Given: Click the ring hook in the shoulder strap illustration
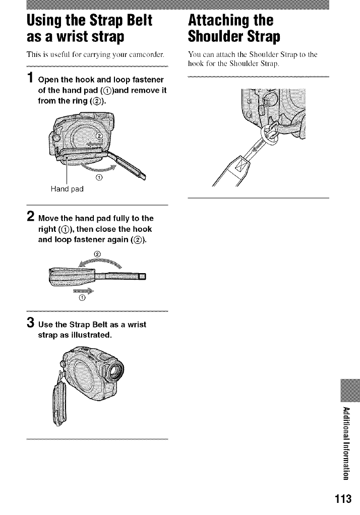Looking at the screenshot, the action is point(270,134).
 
